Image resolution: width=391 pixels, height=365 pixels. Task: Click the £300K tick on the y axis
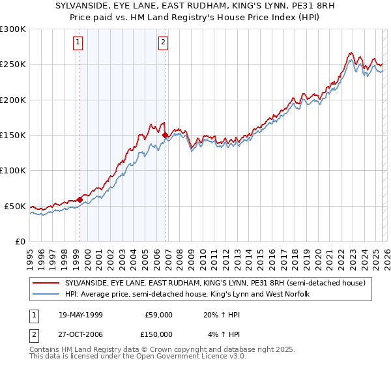click(14, 29)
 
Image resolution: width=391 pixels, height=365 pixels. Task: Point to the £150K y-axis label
click(14, 136)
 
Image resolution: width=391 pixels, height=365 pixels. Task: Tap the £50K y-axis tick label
click(16, 206)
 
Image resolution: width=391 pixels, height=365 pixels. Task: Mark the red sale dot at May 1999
click(80, 199)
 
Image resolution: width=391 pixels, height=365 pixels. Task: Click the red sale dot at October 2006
click(166, 136)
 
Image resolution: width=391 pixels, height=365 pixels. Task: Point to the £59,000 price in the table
click(158, 314)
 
